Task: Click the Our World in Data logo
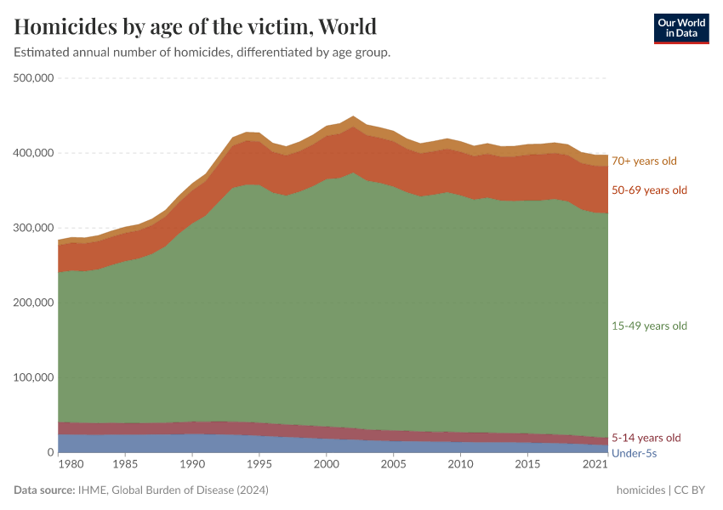[x=680, y=28]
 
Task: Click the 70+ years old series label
[x=645, y=161]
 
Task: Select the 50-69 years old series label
[x=649, y=190]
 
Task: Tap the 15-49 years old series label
[x=649, y=326]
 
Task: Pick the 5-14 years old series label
[x=646, y=439]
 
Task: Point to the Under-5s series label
[x=635, y=454]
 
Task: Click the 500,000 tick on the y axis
[x=34, y=78]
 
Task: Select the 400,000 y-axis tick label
[x=34, y=153]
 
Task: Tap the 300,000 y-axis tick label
[x=34, y=228]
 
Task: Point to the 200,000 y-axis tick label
[x=34, y=303]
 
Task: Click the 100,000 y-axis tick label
[x=34, y=377]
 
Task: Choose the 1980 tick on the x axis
[x=71, y=466]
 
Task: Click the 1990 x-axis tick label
[x=192, y=466]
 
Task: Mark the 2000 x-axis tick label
[x=327, y=466]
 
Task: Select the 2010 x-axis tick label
[x=460, y=466]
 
